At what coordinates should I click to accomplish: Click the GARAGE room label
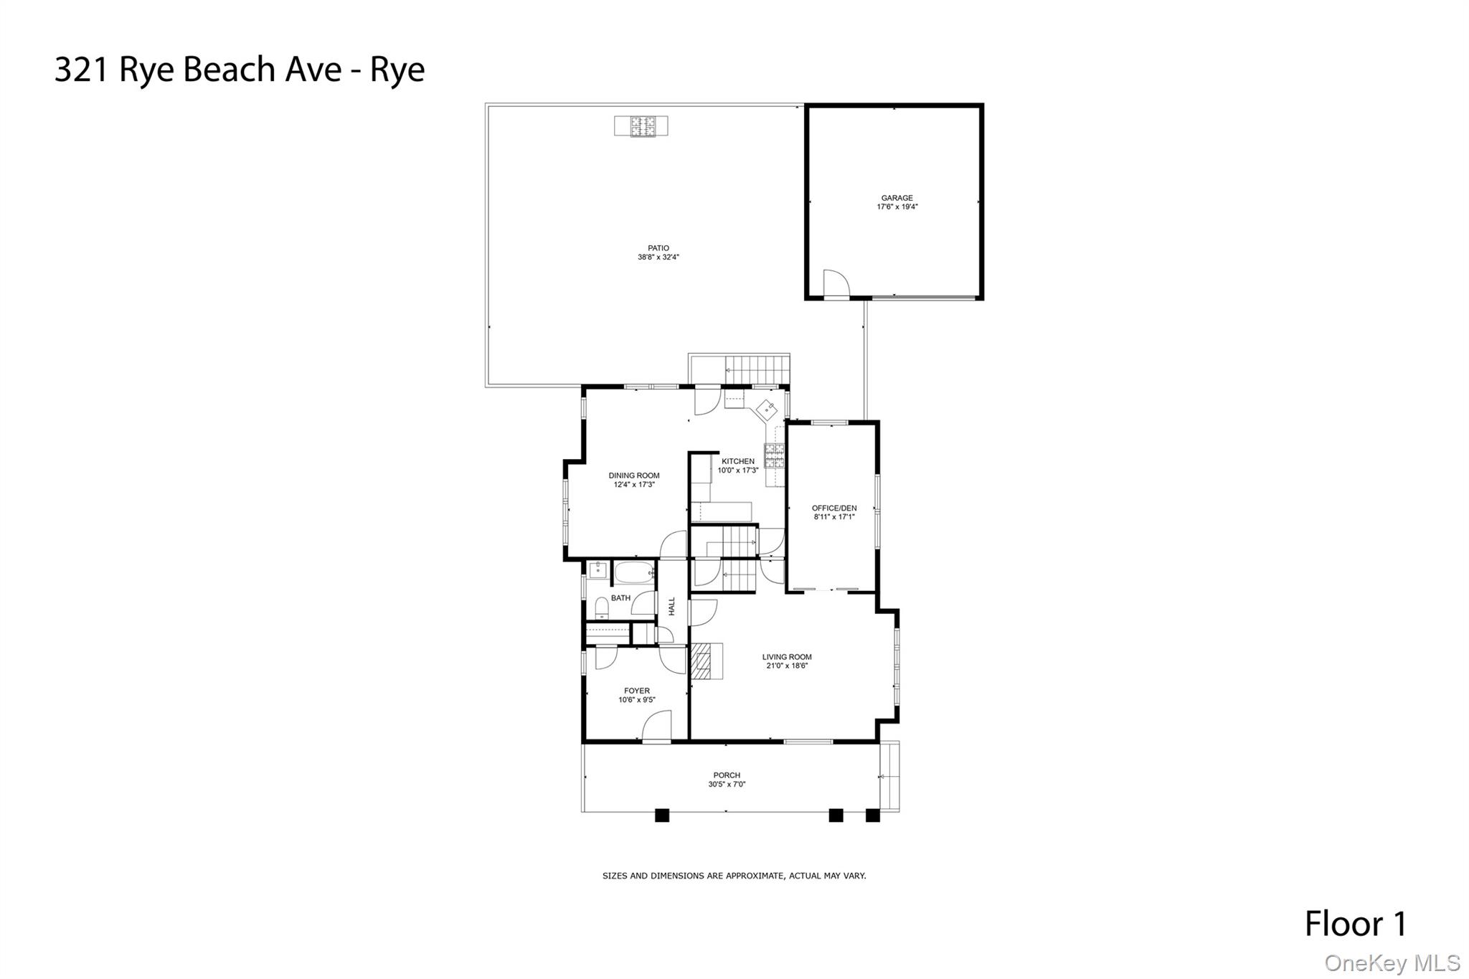click(x=897, y=198)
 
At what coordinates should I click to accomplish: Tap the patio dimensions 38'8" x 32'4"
click(x=658, y=257)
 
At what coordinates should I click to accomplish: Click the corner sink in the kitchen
click(x=766, y=410)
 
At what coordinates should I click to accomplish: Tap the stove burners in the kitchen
click(x=775, y=455)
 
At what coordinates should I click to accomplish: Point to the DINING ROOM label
click(x=634, y=476)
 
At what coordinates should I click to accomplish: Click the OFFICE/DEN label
click(x=834, y=508)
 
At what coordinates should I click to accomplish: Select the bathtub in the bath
click(x=635, y=572)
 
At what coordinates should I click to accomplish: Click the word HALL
click(x=672, y=606)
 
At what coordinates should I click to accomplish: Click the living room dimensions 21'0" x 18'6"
click(x=787, y=666)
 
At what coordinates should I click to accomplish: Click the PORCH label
click(x=727, y=775)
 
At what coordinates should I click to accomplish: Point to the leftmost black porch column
click(x=662, y=815)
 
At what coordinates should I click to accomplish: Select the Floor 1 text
click(x=1356, y=924)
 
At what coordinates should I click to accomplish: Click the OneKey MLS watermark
click(x=1392, y=963)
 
